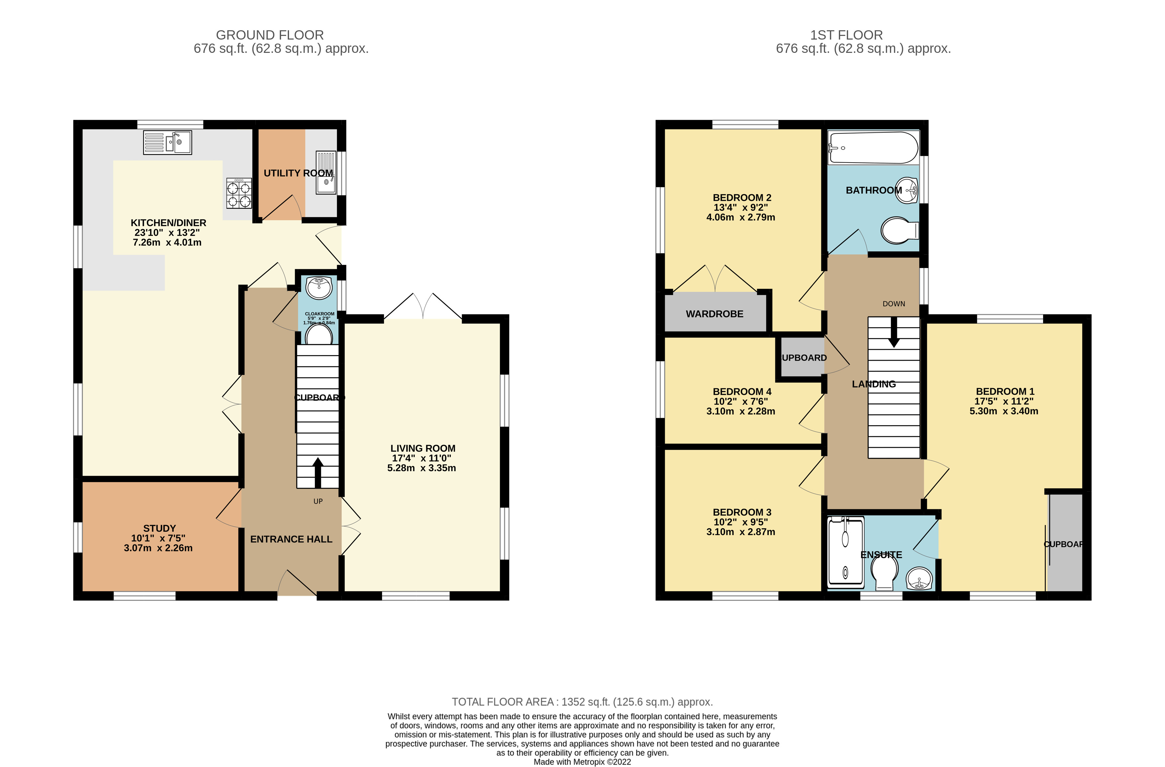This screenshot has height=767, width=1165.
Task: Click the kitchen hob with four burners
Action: [x=239, y=193]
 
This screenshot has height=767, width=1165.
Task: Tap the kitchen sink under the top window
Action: [x=167, y=143]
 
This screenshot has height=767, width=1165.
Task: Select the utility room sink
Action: [x=326, y=173]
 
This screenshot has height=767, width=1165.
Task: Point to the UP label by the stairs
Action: [x=318, y=501]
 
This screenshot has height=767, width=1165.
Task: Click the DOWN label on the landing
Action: [x=893, y=304]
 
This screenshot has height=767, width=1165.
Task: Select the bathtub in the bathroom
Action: [x=873, y=147]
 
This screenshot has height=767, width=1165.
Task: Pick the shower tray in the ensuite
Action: [x=845, y=552]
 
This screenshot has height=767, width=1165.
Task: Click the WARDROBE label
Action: [x=714, y=314]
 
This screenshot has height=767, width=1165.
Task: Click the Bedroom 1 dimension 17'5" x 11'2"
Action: [x=1004, y=401]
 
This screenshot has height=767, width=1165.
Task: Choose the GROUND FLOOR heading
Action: [x=270, y=35]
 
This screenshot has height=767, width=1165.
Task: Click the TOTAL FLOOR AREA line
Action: [x=582, y=702]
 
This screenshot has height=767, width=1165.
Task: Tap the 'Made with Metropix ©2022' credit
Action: [x=582, y=762]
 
